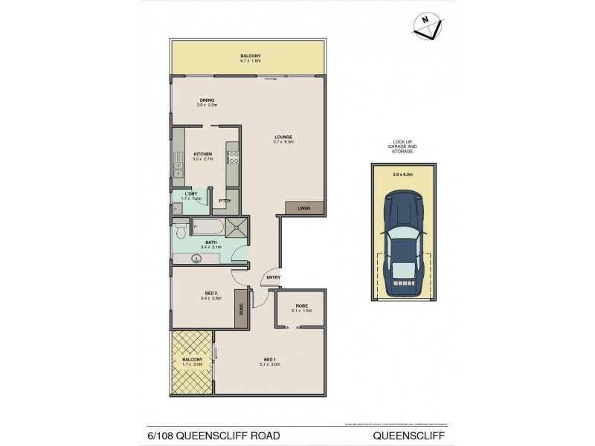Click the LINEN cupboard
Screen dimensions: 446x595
[303, 208]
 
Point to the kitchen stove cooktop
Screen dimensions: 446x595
[233, 157]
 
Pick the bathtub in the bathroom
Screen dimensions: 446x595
[210, 227]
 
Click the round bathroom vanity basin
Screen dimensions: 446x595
[198, 259]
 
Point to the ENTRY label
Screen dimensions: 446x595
[274, 279]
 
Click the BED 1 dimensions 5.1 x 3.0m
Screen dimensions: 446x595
[269, 364]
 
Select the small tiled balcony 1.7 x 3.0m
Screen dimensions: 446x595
[192, 361]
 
